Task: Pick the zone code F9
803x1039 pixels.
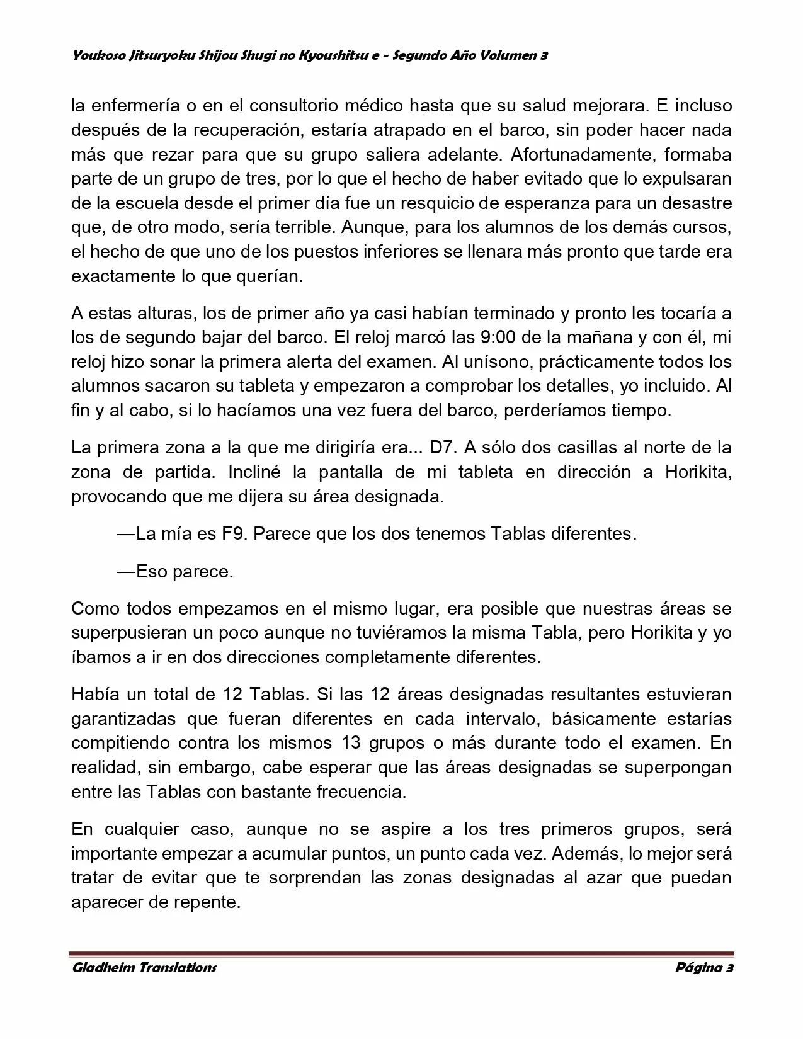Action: click(x=232, y=534)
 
